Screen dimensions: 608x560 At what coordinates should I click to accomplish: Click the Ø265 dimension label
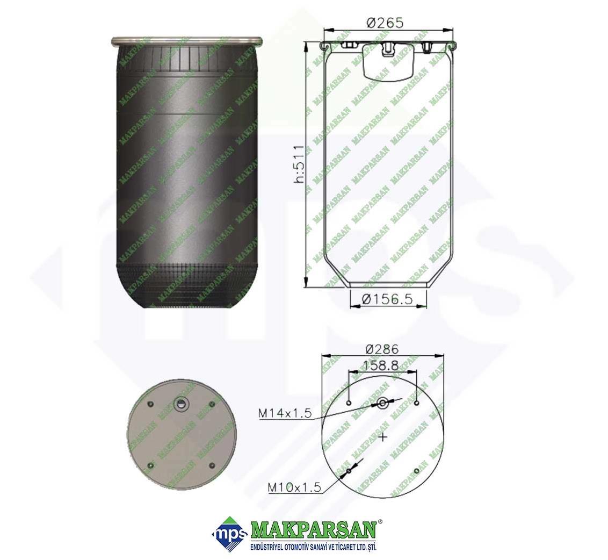click(385, 23)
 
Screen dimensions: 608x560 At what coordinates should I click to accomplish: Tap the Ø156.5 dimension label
click(386, 299)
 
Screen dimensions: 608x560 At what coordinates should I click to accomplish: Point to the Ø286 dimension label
click(382, 349)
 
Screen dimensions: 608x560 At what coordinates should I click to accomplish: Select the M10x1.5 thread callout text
click(295, 487)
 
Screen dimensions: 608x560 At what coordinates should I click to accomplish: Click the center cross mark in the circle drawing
click(383, 437)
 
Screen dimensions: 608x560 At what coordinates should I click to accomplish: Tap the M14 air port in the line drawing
click(383, 403)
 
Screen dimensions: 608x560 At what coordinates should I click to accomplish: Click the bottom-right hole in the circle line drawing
click(416, 471)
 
